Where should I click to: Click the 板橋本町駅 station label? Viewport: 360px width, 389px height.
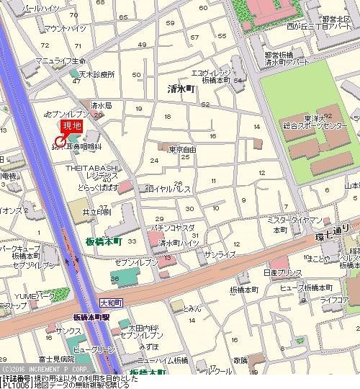91,317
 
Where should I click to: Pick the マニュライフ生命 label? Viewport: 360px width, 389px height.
63,60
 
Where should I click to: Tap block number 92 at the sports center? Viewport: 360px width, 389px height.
328,115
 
